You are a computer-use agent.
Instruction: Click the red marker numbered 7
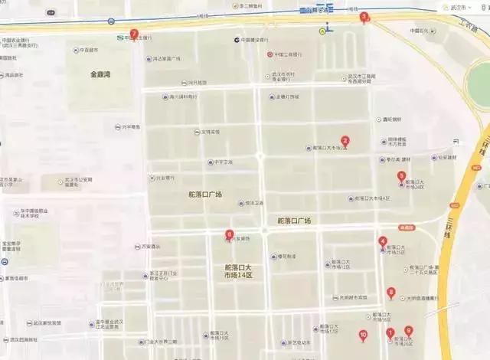click(x=134, y=34)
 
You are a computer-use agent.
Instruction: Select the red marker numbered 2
click(x=345, y=141)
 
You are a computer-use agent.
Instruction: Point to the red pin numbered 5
click(x=401, y=176)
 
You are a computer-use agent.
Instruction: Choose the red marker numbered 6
click(x=229, y=235)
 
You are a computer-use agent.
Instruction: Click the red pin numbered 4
click(x=383, y=242)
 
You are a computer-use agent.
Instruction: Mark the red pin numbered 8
click(x=391, y=292)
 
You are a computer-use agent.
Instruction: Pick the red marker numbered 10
click(x=363, y=335)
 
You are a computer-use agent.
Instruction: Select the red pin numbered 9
click(x=408, y=331)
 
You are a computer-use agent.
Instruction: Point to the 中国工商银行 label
click(x=291, y=54)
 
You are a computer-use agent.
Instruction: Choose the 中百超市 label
click(x=90, y=51)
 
